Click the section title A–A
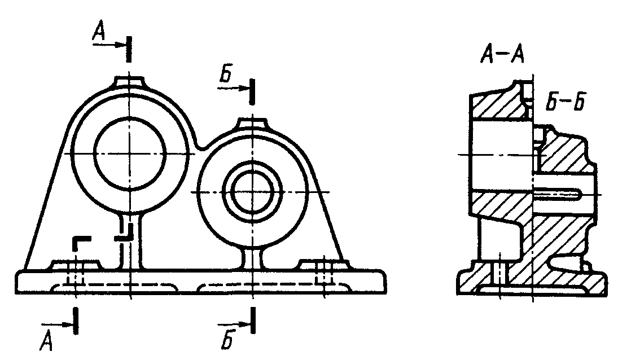tap(502, 55)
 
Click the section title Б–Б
tap(565, 102)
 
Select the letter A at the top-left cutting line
tap(99, 31)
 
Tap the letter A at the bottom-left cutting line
tap(46, 340)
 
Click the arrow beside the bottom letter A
tap(57, 324)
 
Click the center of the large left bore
tap(129, 153)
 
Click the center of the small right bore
tap(252, 192)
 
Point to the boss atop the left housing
tap(129, 81)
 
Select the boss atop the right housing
tap(252, 122)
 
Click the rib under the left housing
tap(130, 240)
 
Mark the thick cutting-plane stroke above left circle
tap(129, 49)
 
